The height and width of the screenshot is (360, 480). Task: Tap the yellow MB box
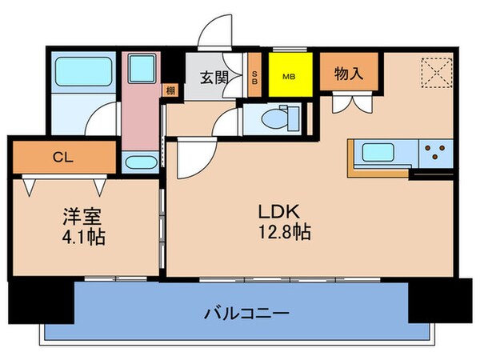pyautogui.click(x=290, y=77)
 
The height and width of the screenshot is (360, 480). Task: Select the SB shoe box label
pyautogui.click(x=254, y=78)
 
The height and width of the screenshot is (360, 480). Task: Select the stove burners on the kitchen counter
pyautogui.click(x=435, y=152)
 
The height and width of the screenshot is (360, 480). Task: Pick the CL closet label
pyautogui.click(x=63, y=158)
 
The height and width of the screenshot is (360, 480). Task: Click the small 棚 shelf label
pyautogui.click(x=170, y=90)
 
